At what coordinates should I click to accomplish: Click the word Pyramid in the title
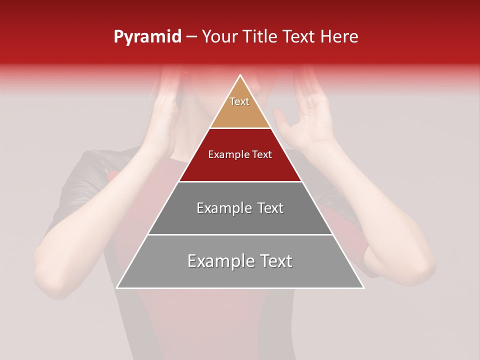point(147,37)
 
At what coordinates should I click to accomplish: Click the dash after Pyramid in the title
point(191,37)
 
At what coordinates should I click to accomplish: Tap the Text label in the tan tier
point(239,101)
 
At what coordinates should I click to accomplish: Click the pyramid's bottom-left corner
point(116,288)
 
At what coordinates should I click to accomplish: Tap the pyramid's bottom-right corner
point(364,288)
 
